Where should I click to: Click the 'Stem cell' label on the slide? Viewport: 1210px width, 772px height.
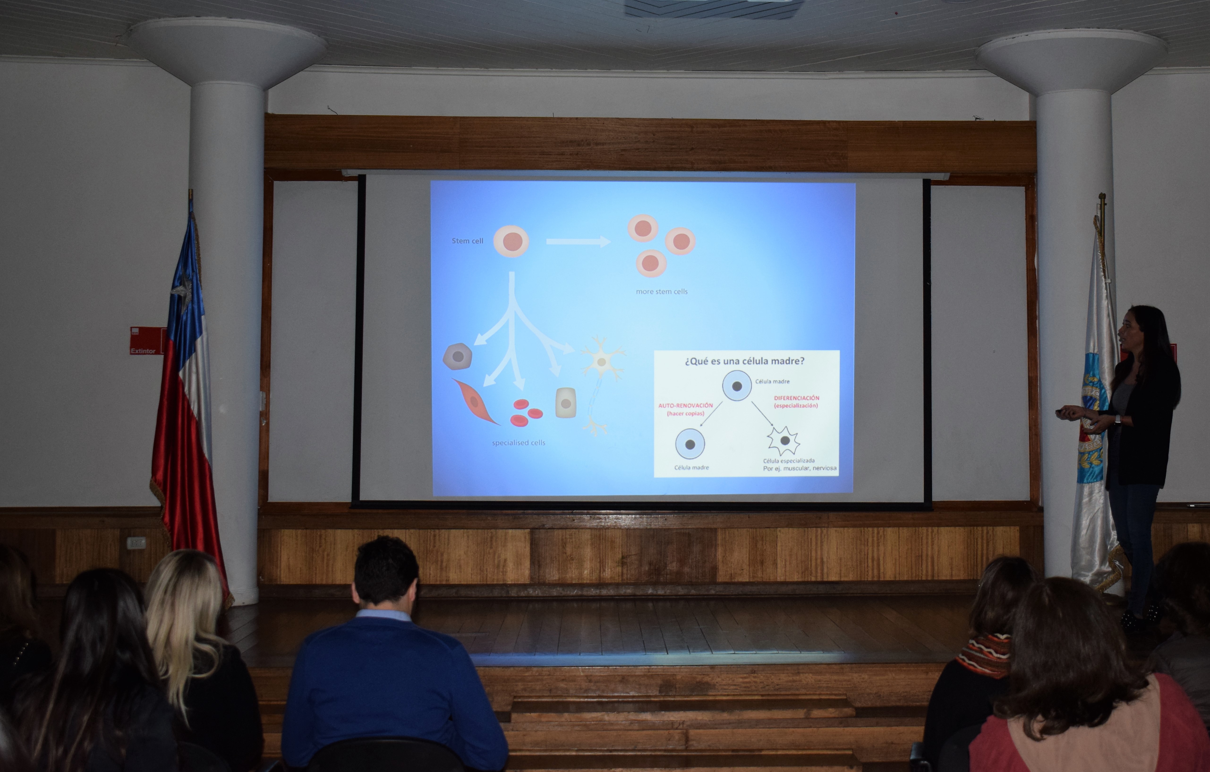[467, 241]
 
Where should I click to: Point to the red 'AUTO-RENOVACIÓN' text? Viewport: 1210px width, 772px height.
[685, 405]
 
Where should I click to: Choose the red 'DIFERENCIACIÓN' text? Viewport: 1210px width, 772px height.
[797, 398]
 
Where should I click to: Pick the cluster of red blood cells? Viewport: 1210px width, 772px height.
[526, 412]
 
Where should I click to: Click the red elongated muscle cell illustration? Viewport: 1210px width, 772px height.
[475, 402]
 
